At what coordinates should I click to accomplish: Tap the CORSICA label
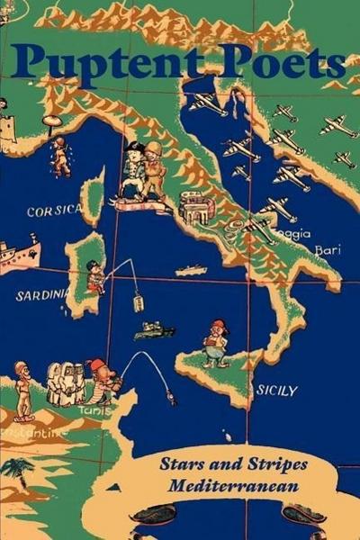(x=54, y=211)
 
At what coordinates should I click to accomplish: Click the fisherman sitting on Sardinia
(x=95, y=277)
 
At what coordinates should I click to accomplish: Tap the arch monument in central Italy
(x=195, y=208)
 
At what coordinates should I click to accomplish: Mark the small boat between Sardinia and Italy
(x=191, y=270)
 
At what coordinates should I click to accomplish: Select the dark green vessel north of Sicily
(x=153, y=330)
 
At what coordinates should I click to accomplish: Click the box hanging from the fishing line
(x=139, y=302)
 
